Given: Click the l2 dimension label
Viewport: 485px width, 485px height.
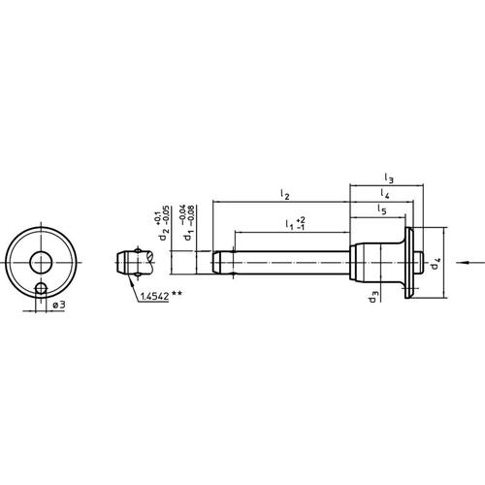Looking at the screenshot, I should pos(283,195).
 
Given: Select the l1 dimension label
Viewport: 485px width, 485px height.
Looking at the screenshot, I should pos(290,226).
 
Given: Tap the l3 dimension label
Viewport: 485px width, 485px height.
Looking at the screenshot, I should pos(388,178).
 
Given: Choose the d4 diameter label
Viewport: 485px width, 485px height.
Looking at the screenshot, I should pos(436,260).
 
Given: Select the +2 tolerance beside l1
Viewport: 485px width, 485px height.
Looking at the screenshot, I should pos(303,219).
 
